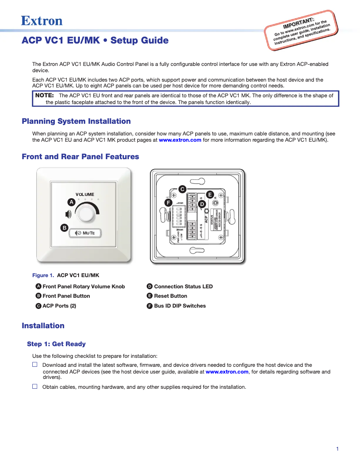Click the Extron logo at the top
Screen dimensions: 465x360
[x=42, y=21]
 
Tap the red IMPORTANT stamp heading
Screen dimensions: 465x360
[x=298, y=22]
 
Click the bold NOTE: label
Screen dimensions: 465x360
[x=44, y=96]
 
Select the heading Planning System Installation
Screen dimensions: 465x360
[x=76, y=121]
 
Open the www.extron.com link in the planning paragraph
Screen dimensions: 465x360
[x=180, y=140]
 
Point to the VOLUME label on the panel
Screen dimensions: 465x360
[x=85, y=195]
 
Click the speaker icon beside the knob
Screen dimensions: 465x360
[x=69, y=214]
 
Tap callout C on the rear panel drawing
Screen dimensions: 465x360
[x=182, y=189]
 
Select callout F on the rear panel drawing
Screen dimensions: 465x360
[x=168, y=203]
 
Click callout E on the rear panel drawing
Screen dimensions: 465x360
[x=210, y=195]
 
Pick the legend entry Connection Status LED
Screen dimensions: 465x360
[x=183, y=287]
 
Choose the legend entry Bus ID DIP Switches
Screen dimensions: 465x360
[x=180, y=306]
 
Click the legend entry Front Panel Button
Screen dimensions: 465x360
[x=66, y=296]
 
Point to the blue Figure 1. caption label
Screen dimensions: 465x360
[x=43, y=275]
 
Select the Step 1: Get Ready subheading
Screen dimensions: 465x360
[x=56, y=344]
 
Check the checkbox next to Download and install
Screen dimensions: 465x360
[x=35, y=365]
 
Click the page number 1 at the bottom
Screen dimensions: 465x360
[x=337, y=449]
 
